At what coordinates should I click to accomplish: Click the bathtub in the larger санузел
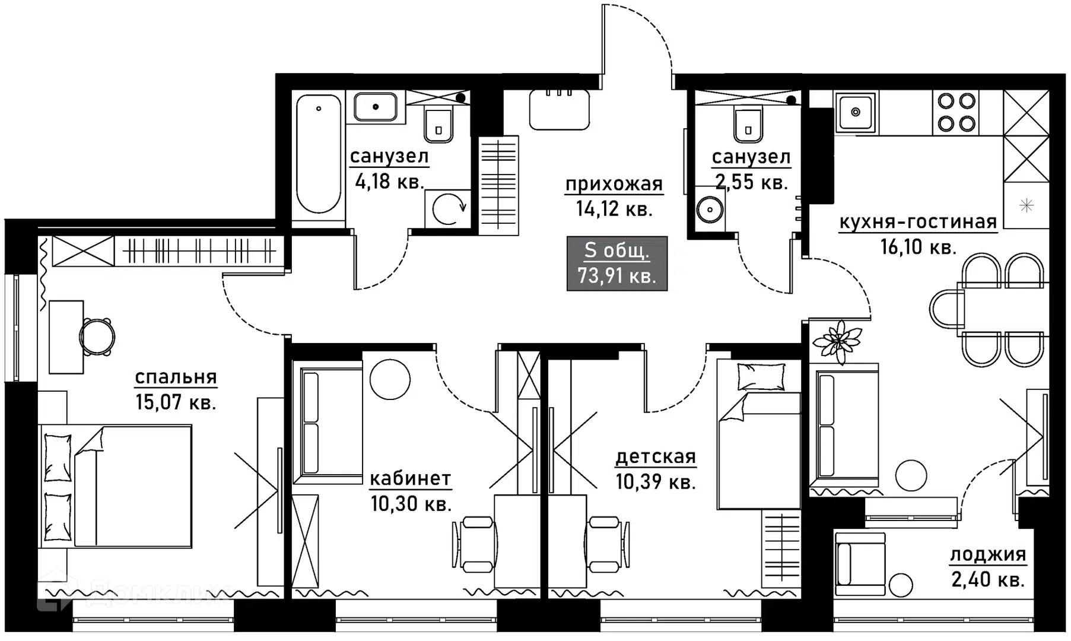tap(319, 156)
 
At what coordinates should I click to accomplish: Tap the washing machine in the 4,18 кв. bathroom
tap(448, 208)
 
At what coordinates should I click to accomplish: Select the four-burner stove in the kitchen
tap(956, 112)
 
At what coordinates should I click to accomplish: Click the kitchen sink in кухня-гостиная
tap(856, 112)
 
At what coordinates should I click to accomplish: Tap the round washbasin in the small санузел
tap(709, 208)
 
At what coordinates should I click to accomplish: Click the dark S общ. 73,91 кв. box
tap(617, 264)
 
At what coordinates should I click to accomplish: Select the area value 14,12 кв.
tap(614, 209)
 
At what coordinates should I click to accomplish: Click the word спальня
tap(176, 377)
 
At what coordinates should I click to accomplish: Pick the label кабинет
tap(410, 478)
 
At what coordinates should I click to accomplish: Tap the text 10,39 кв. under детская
tap(655, 482)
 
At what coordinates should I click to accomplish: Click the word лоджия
tap(988, 554)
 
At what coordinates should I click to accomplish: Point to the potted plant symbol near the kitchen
tap(837, 342)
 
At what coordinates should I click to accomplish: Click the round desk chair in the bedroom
tap(97, 337)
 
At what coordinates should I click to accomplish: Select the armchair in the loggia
tap(859, 564)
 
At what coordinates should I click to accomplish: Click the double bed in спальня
tap(116, 486)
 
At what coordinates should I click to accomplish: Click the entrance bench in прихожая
tap(560, 110)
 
